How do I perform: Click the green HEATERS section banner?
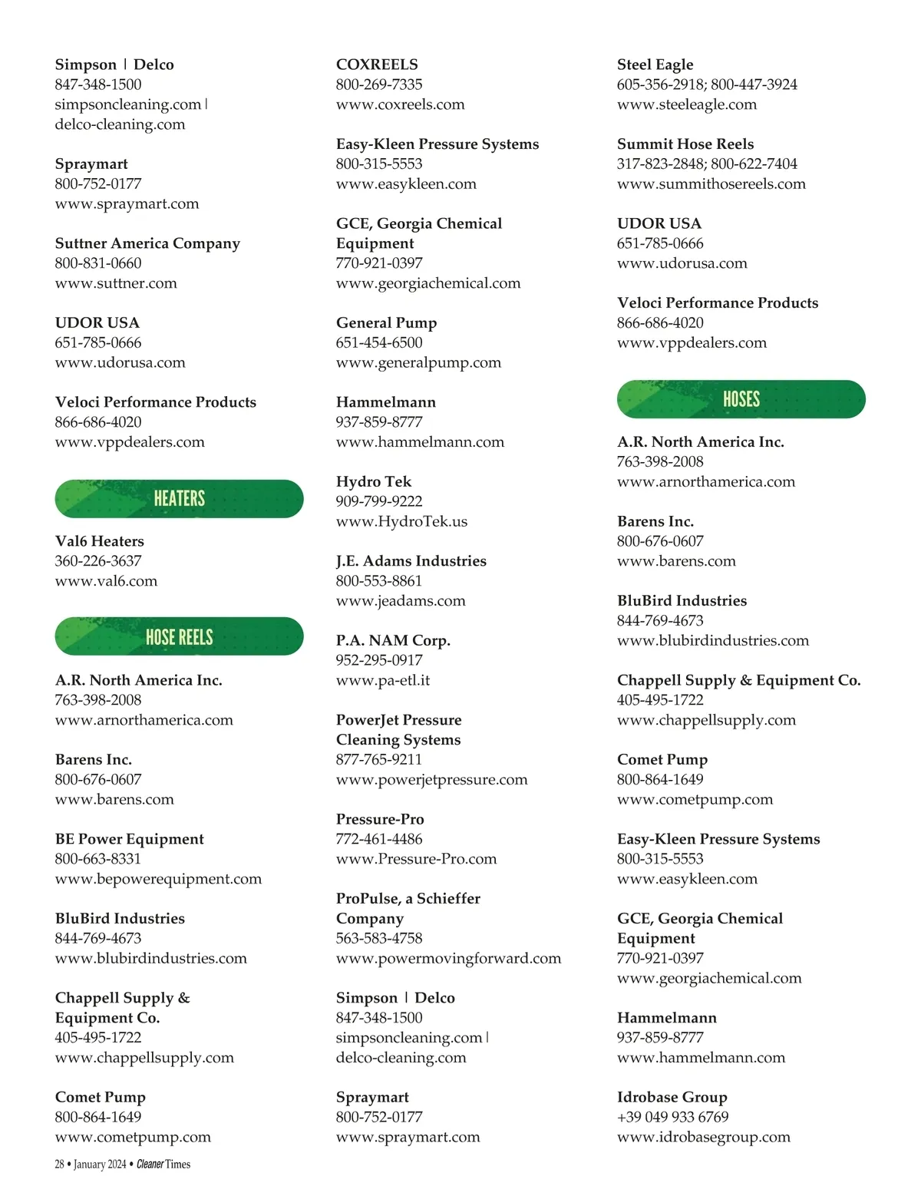point(179,499)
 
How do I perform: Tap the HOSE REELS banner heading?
point(179,636)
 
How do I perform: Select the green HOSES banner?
point(741,399)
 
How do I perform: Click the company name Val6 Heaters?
point(99,541)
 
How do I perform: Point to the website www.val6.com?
point(106,581)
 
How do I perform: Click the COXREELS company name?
point(377,64)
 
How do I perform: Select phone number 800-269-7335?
point(379,84)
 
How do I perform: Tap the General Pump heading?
point(386,323)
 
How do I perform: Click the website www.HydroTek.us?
point(401,521)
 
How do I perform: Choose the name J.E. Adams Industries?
point(411,561)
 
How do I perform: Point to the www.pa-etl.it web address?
point(382,680)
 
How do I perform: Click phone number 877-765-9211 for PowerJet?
point(379,759)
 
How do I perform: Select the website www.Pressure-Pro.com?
point(416,859)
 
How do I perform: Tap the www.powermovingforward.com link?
point(448,958)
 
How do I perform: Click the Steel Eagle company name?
point(655,64)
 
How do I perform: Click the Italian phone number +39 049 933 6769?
point(672,1117)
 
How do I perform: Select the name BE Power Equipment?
point(129,839)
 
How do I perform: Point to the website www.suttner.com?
point(116,283)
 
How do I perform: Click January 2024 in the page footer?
point(100,1165)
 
